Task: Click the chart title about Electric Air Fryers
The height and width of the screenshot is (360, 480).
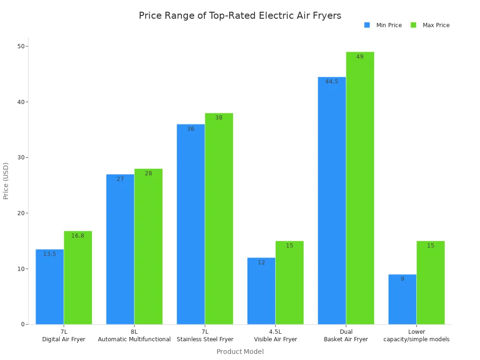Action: pos(240,15)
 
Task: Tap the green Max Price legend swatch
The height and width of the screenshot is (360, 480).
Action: pos(413,25)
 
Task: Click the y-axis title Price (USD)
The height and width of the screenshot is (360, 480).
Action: pos(6,180)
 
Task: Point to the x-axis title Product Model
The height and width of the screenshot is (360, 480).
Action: pos(240,352)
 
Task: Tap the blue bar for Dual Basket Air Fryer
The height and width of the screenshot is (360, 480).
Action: pos(331,202)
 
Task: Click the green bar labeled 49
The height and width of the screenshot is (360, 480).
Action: pos(360,187)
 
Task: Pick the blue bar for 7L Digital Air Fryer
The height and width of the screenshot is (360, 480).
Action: pos(50,287)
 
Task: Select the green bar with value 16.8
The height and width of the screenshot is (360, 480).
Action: pos(78,277)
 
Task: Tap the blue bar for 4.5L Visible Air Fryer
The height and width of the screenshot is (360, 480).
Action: pos(261,291)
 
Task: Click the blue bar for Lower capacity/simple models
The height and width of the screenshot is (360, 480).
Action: pos(402,300)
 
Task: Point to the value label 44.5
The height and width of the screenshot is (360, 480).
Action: pos(331,82)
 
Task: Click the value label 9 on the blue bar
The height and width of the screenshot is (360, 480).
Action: pos(402,279)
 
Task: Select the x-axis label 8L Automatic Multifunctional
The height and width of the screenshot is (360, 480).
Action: pos(134,336)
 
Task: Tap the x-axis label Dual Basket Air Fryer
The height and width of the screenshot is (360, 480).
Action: pos(346,336)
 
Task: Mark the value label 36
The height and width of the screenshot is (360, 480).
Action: pos(190,129)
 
